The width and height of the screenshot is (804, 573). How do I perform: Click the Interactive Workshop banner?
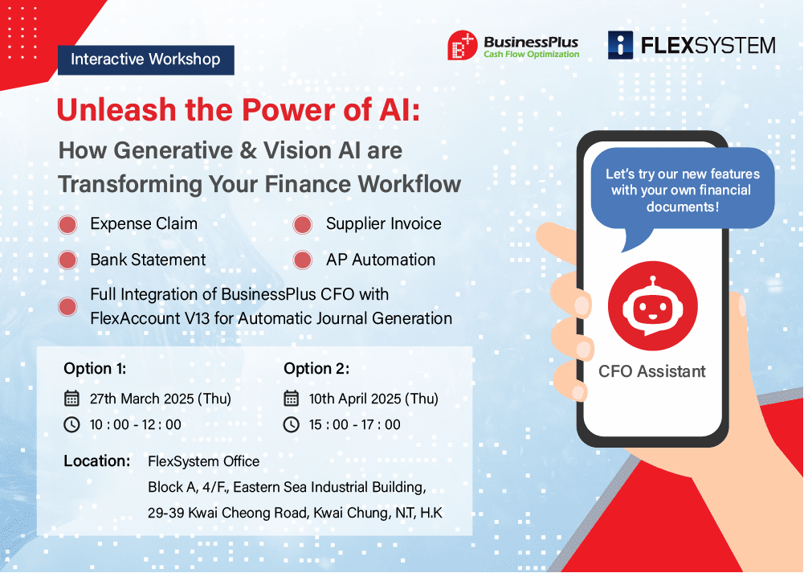tap(145, 59)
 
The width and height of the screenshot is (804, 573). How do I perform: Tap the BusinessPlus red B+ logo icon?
tap(462, 45)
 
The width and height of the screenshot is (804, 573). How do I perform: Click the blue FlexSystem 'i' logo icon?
tap(620, 45)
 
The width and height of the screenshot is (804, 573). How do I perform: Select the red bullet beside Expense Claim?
tap(67, 225)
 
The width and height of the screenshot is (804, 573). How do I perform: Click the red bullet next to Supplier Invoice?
tap(303, 225)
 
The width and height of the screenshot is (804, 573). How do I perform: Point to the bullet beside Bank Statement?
tap(67, 260)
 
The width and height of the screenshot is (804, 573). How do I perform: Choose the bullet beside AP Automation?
tap(303, 260)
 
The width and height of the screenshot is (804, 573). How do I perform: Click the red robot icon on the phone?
tap(653, 305)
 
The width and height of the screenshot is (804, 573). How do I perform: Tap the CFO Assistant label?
tap(652, 371)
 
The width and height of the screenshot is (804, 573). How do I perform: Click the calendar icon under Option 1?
tap(71, 398)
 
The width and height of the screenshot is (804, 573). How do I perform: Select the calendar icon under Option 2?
tap(292, 398)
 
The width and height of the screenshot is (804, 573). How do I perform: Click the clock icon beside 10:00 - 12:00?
tap(71, 424)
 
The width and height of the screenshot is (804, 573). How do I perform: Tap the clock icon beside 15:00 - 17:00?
tap(292, 424)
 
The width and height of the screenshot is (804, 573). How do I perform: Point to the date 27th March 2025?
tap(142, 399)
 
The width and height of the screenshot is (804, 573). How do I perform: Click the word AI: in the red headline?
tap(399, 109)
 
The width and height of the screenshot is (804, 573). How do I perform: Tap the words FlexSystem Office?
tap(203, 461)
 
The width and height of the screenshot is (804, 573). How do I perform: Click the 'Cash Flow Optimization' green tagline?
tap(532, 54)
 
